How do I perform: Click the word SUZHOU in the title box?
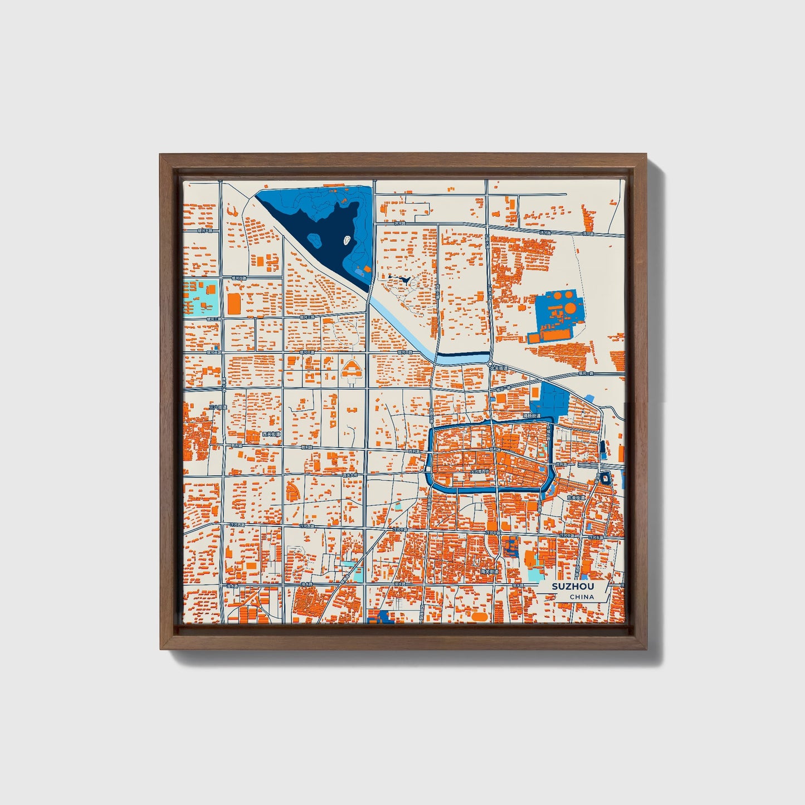[x=573, y=587]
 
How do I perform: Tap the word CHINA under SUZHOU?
[x=582, y=597]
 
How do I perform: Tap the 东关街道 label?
[x=576, y=497]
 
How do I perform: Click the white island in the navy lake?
[x=346, y=241]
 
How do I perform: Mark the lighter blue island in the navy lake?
[x=315, y=241]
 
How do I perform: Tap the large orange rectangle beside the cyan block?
[x=234, y=303]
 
